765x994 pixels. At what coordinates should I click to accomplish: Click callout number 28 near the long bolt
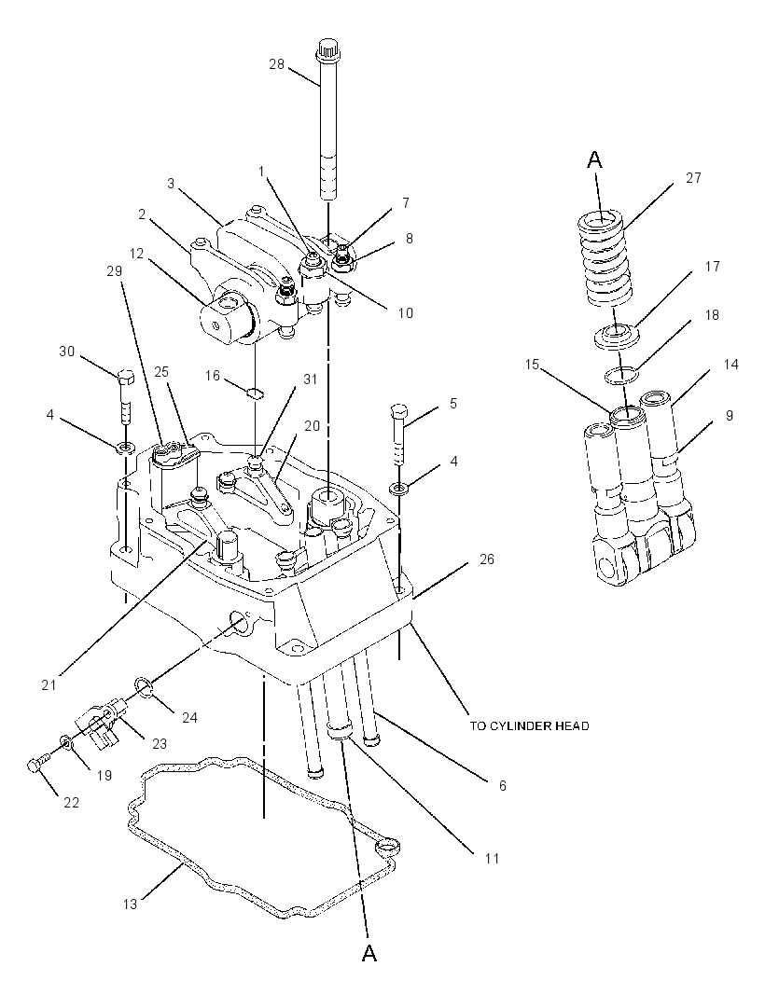(276, 64)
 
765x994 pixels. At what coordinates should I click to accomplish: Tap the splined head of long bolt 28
(328, 48)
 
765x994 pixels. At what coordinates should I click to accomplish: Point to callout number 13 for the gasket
(130, 904)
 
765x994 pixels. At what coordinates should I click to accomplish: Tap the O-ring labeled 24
(144, 686)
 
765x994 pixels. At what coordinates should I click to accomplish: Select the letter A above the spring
(594, 159)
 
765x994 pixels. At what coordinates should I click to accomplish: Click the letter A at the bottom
(369, 952)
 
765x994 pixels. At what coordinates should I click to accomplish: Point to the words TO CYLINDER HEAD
(529, 725)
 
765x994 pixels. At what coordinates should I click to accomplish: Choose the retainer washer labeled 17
(616, 335)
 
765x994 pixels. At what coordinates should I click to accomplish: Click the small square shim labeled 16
(255, 393)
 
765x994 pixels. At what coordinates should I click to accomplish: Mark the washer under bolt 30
(125, 449)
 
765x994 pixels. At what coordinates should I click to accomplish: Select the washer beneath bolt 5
(399, 488)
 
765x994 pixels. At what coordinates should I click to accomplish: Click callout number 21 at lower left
(49, 685)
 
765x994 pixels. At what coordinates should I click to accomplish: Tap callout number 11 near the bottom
(492, 859)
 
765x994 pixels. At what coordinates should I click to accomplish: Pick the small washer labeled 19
(66, 741)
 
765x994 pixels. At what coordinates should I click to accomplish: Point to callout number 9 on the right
(730, 415)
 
